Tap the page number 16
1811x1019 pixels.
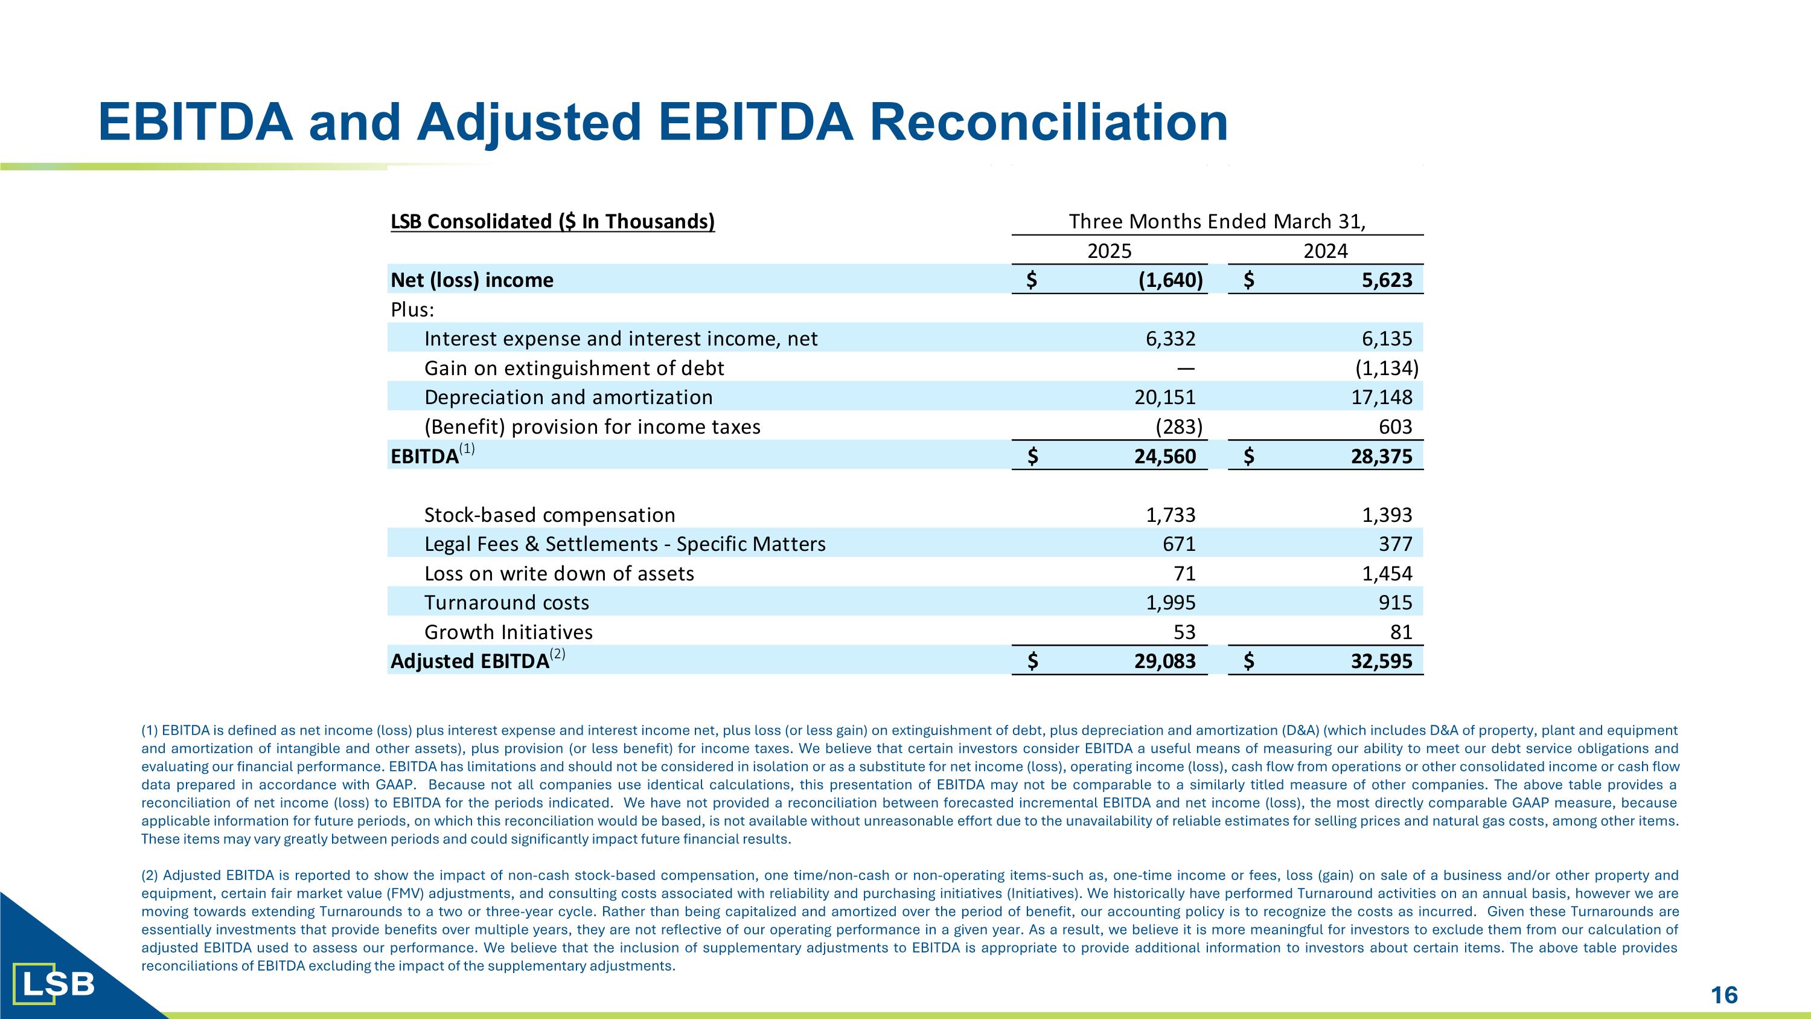[x=1724, y=995]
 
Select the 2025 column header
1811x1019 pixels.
[x=1110, y=251]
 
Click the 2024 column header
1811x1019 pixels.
[x=1325, y=251]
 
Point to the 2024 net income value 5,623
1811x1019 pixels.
[x=1387, y=280]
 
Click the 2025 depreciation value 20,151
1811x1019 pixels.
[x=1165, y=397]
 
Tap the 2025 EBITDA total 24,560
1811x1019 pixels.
[x=1165, y=457]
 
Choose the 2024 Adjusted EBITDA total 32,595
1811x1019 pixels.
[x=1381, y=661]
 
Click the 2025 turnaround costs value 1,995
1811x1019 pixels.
[x=1171, y=603]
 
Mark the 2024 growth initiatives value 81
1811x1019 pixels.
[x=1401, y=632]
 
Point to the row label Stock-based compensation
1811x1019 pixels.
[x=549, y=515]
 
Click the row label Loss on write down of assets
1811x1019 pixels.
[x=559, y=574]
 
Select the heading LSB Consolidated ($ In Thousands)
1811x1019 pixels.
[x=552, y=222]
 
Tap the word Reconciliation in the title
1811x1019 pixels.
[x=1049, y=121]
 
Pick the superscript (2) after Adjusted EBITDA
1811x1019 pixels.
[x=558, y=655]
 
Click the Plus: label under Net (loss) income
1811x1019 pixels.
[x=412, y=309]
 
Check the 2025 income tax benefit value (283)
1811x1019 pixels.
[x=1179, y=427]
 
